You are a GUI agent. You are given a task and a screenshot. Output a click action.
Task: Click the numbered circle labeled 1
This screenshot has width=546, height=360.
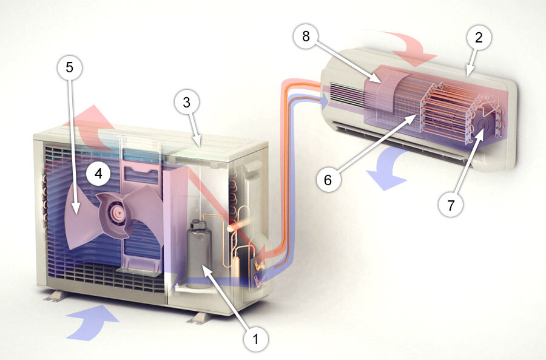point(256,338)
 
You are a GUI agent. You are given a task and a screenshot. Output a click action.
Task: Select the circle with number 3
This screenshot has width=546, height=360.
point(187,103)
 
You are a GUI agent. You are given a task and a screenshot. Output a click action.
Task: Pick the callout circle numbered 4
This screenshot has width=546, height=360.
point(98,173)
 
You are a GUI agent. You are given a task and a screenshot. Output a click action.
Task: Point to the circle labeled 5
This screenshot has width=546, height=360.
point(70,67)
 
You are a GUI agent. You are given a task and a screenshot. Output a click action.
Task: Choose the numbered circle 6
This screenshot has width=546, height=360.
point(328,180)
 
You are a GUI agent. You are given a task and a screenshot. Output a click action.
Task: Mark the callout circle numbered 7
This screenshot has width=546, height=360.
point(451,205)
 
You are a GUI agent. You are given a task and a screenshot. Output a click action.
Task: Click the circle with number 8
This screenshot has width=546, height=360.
point(306,36)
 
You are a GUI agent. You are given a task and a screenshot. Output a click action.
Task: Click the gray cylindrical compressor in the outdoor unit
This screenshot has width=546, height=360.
point(199,254)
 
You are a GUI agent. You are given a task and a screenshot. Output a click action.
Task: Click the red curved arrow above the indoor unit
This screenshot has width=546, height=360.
point(411,47)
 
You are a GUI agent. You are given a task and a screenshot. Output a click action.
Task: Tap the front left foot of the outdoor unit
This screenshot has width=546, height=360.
point(55,296)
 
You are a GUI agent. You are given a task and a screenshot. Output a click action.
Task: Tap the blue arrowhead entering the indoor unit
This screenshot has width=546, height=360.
point(325,101)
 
